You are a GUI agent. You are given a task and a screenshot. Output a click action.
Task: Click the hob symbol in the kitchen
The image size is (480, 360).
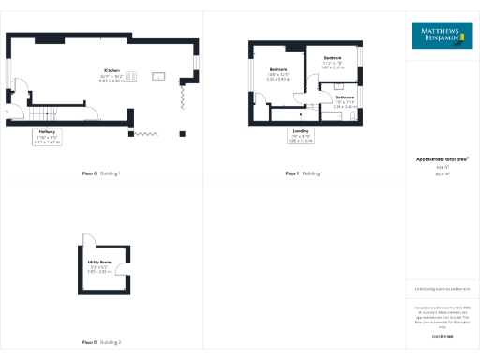pyautogui.click(x=132, y=76)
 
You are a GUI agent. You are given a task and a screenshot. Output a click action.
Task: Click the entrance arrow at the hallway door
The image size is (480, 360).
pyautogui.click(x=7, y=111)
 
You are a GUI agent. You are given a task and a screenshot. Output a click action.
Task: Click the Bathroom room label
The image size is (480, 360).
pyautogui.click(x=345, y=102)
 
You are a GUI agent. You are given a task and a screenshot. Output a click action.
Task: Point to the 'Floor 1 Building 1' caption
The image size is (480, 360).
pyautogui.click(x=304, y=173)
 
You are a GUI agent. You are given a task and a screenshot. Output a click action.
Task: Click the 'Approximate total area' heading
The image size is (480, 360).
pyautogui.click(x=442, y=159)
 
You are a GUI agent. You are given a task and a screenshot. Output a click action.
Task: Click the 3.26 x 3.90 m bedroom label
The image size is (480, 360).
pyautogui.click(x=278, y=76)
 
